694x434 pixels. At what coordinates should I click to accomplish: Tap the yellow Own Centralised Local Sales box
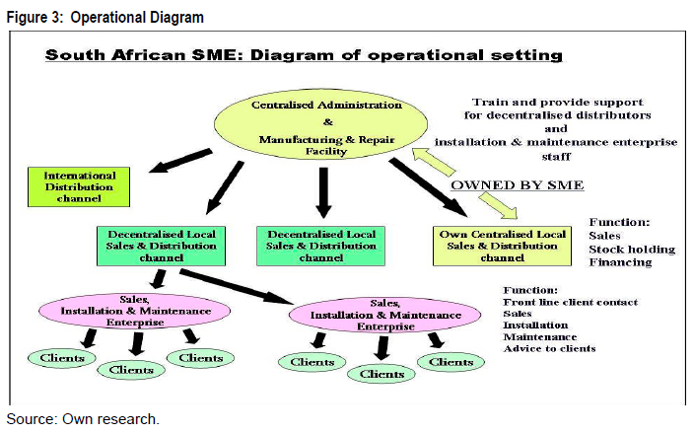(x=503, y=246)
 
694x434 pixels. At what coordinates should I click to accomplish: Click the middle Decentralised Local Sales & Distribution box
(x=321, y=246)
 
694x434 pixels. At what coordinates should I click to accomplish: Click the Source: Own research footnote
(x=83, y=419)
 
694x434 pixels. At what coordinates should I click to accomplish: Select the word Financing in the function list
(x=620, y=262)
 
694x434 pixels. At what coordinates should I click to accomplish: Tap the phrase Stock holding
(x=632, y=250)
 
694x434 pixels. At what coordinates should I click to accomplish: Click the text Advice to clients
(x=549, y=348)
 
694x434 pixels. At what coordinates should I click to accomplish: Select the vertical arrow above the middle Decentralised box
(x=322, y=192)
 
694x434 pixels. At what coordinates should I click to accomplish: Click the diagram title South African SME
(x=304, y=55)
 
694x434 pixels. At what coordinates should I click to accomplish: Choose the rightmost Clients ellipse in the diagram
(x=452, y=362)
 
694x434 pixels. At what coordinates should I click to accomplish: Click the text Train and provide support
(x=557, y=102)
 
